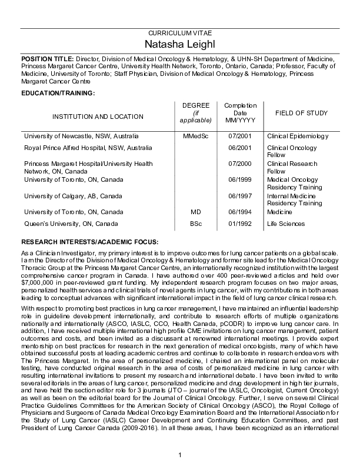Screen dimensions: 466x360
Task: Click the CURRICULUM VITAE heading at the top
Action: (181, 34)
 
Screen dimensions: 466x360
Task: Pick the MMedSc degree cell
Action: (197, 136)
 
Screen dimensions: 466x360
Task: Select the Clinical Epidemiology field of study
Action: (297, 136)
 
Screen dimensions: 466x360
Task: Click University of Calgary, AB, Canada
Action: (73, 196)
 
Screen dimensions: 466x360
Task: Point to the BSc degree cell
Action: (197, 224)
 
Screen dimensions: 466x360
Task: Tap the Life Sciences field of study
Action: (286, 224)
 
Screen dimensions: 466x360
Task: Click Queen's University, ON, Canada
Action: (71, 224)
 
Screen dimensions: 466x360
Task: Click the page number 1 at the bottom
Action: (181, 452)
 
